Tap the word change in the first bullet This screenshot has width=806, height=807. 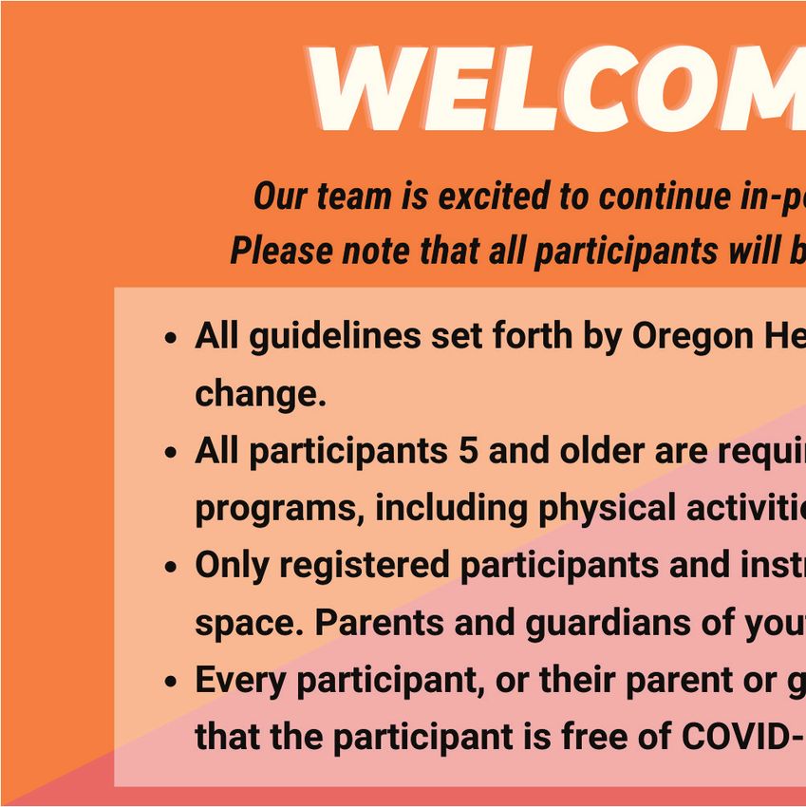click(x=260, y=394)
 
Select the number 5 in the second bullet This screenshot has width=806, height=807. click(x=468, y=450)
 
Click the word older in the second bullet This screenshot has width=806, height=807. click(x=602, y=450)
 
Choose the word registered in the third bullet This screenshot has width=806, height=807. click(x=365, y=566)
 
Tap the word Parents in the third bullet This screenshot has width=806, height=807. click(x=379, y=622)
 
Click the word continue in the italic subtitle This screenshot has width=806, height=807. click(x=665, y=196)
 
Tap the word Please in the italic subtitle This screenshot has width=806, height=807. click(x=281, y=251)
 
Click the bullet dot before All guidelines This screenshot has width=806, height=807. click(x=170, y=339)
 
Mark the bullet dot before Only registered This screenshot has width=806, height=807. click(x=170, y=567)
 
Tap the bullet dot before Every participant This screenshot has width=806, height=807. click(x=170, y=682)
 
